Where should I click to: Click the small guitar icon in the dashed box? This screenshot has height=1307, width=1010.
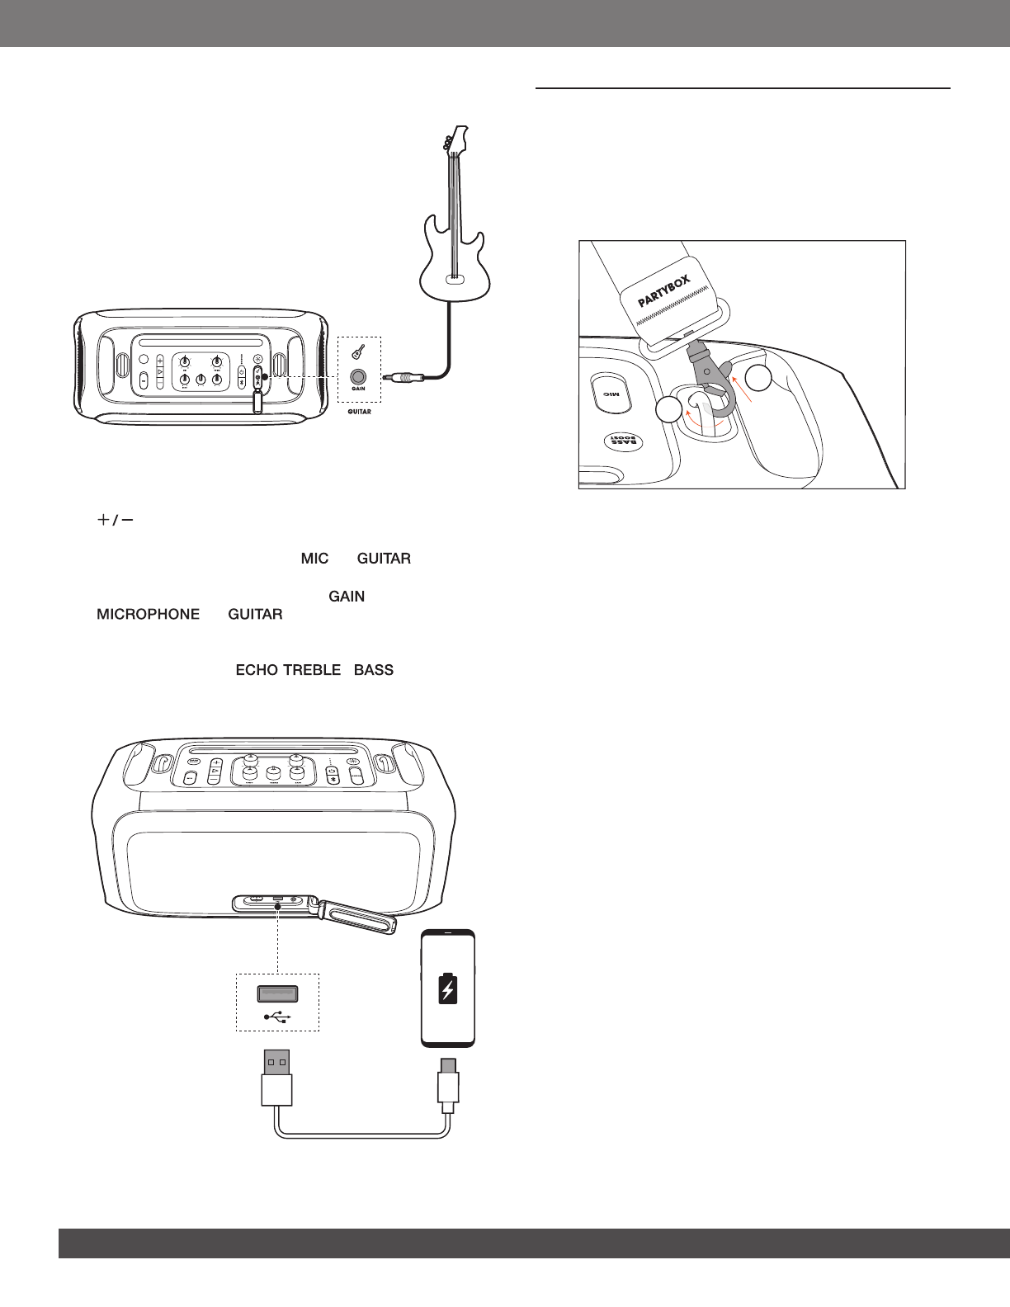point(359,353)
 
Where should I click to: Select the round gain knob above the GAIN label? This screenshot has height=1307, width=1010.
point(359,375)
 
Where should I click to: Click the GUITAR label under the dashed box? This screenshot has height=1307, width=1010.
point(359,412)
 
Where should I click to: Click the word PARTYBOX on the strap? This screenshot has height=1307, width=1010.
point(664,286)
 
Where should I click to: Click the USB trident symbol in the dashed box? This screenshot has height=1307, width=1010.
point(277,1017)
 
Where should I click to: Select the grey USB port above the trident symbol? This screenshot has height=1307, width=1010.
point(277,995)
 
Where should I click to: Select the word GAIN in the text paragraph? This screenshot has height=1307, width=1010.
point(347,597)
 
